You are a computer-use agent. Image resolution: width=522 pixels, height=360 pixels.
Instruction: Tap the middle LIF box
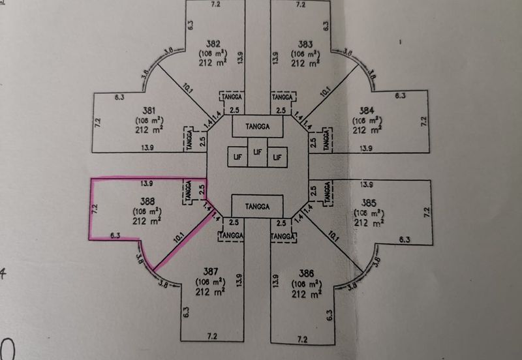(x=258, y=153)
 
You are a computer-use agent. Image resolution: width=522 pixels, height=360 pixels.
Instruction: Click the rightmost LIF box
(x=279, y=157)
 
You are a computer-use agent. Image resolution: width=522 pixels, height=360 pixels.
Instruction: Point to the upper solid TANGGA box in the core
(x=258, y=125)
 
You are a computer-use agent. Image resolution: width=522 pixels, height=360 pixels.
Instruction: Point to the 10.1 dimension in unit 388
(x=178, y=240)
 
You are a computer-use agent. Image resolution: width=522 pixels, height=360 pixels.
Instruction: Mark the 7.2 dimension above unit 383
(x=300, y=5)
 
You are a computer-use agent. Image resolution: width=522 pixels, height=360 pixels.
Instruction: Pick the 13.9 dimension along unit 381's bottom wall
(x=147, y=149)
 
